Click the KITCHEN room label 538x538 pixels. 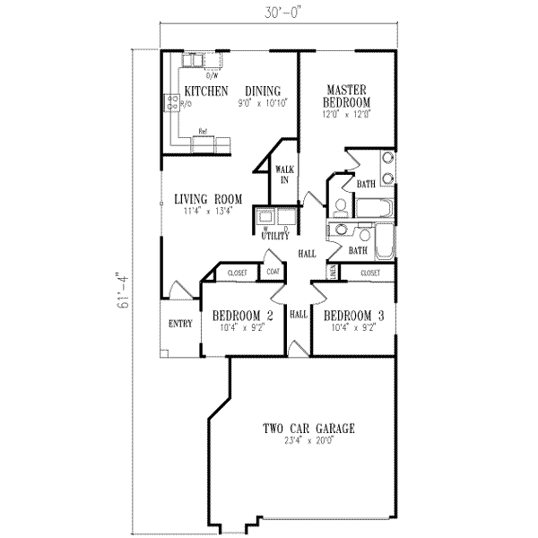[x=206, y=91]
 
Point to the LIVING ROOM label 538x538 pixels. [x=209, y=200]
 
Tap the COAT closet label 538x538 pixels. [x=273, y=271]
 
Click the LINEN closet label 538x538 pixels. [x=333, y=271]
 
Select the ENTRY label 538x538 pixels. [x=180, y=324]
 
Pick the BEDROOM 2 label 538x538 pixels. [x=242, y=317]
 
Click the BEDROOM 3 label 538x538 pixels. [x=355, y=317]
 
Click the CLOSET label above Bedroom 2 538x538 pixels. [x=238, y=272]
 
